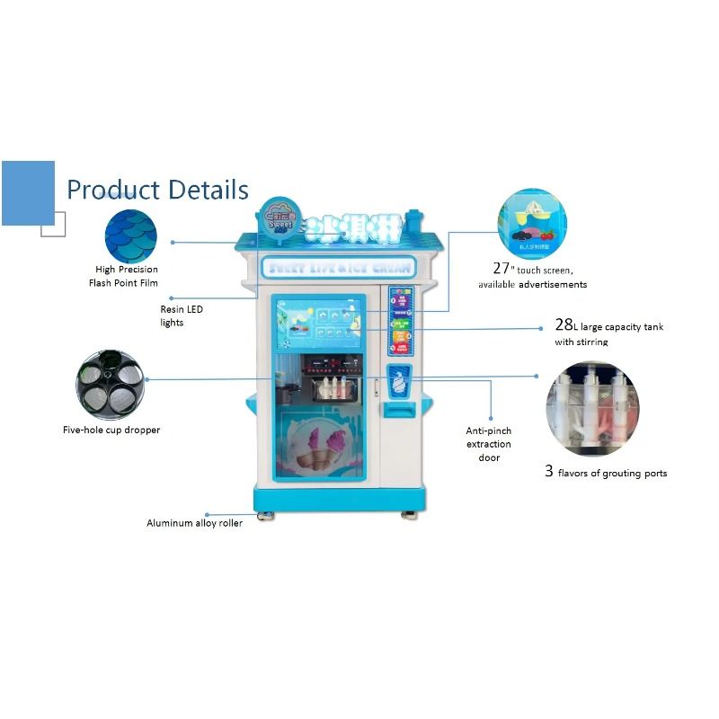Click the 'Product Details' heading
coord(157,190)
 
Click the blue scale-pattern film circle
coord(130,235)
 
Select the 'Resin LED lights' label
coord(182,315)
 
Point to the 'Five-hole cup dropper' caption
coord(111,430)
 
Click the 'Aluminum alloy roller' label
coord(194,523)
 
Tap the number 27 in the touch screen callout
coord(502,268)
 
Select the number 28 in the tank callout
coord(564,325)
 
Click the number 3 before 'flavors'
coord(549,471)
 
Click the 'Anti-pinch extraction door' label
coord(489,444)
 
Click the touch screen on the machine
coord(319,325)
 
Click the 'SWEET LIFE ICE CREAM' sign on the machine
coord(338,267)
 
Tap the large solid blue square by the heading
coord(28,192)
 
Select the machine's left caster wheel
coord(267,516)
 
